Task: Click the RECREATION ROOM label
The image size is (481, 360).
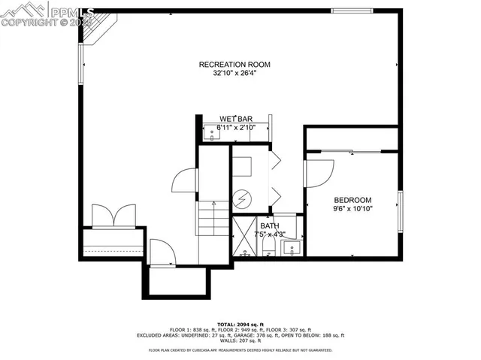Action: tap(234, 65)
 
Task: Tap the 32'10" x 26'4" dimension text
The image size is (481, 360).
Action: tap(234, 74)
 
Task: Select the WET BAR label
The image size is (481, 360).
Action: tap(235, 119)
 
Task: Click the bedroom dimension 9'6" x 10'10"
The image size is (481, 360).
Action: tap(352, 208)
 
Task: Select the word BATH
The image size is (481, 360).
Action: tap(269, 225)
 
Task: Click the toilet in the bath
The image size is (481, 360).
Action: tap(268, 247)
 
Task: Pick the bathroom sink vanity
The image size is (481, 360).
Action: tap(293, 247)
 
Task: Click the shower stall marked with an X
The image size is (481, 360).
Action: tap(244, 237)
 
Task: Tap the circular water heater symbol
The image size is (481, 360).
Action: tap(242, 198)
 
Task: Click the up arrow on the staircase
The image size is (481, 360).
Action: tap(214, 204)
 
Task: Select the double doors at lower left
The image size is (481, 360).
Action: tap(113, 216)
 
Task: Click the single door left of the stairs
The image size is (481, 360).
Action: tap(185, 180)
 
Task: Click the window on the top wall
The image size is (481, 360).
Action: tap(352, 11)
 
